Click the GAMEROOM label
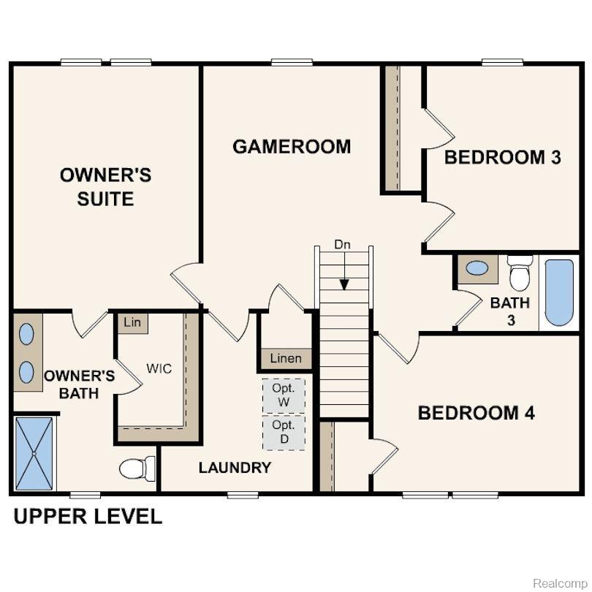[x=292, y=146]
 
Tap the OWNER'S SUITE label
[x=105, y=186]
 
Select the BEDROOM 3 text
[x=503, y=156]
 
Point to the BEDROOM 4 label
[x=476, y=413]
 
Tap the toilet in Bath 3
[x=520, y=272]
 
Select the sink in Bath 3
[x=477, y=268]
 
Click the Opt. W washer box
[x=284, y=395]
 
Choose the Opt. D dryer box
[x=284, y=432]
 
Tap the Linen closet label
[x=285, y=359]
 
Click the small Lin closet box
[x=132, y=322]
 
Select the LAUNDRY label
[x=235, y=468]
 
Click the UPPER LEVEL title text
[x=88, y=517]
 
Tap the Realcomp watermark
[x=558, y=582]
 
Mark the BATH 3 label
[x=509, y=310]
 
